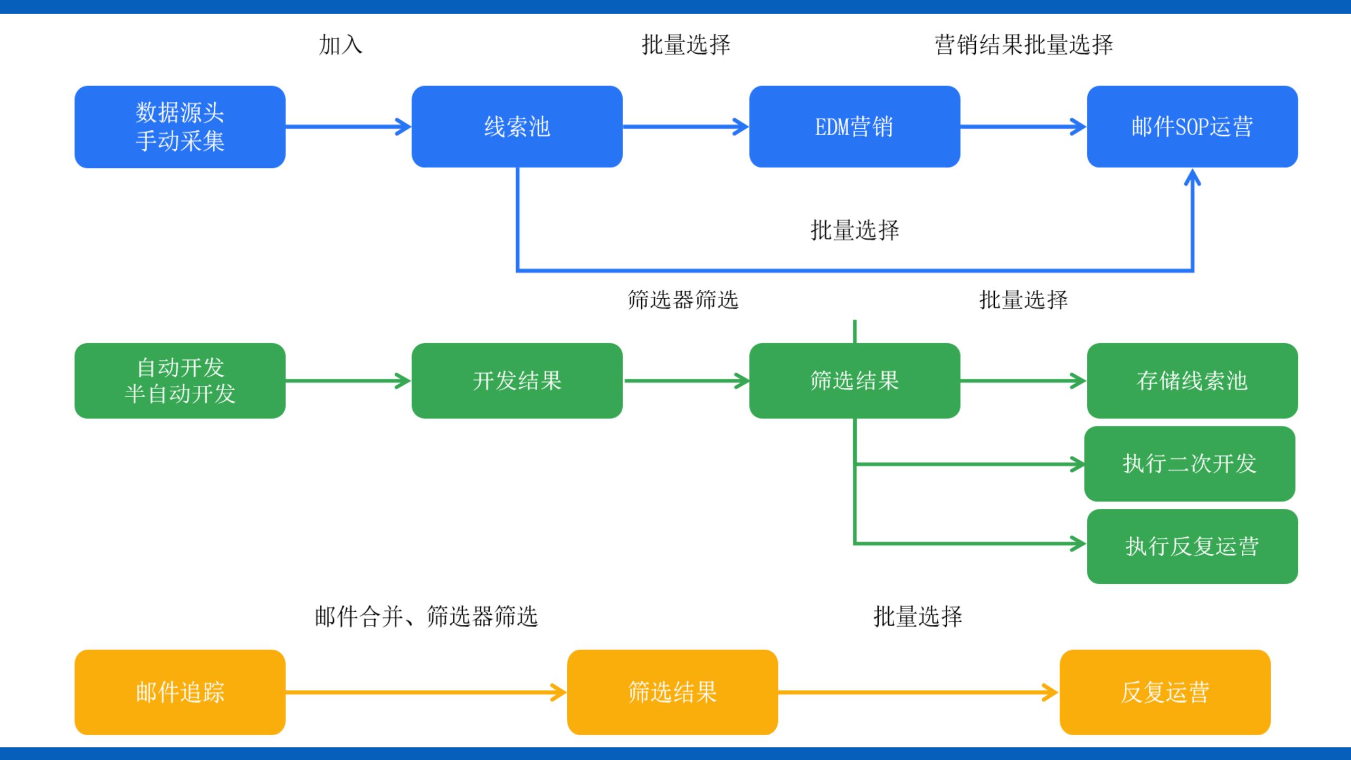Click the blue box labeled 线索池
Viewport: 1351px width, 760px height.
(517, 127)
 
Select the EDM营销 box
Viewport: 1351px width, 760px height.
(854, 127)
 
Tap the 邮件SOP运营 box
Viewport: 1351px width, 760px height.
(1192, 127)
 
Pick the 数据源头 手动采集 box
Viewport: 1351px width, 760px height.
(180, 127)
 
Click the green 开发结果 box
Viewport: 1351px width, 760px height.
(517, 381)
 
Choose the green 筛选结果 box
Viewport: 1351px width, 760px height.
(854, 381)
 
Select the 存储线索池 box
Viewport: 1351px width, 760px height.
(1192, 381)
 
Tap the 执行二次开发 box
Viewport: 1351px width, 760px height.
(1190, 463)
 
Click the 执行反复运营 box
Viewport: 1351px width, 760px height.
(1192, 546)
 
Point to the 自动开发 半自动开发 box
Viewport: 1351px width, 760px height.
(180, 381)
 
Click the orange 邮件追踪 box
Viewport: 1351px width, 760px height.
(180, 692)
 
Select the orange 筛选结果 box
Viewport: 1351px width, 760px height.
(672, 692)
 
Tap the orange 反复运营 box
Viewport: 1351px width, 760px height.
(1165, 692)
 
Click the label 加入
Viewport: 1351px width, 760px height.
(340, 45)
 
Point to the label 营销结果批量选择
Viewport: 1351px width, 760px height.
(1024, 45)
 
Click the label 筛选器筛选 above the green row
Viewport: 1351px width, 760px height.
(683, 300)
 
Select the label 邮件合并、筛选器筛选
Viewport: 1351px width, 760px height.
(426, 616)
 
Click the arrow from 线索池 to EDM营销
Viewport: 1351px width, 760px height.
(686, 127)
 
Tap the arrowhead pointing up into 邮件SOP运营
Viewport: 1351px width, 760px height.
(1193, 177)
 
